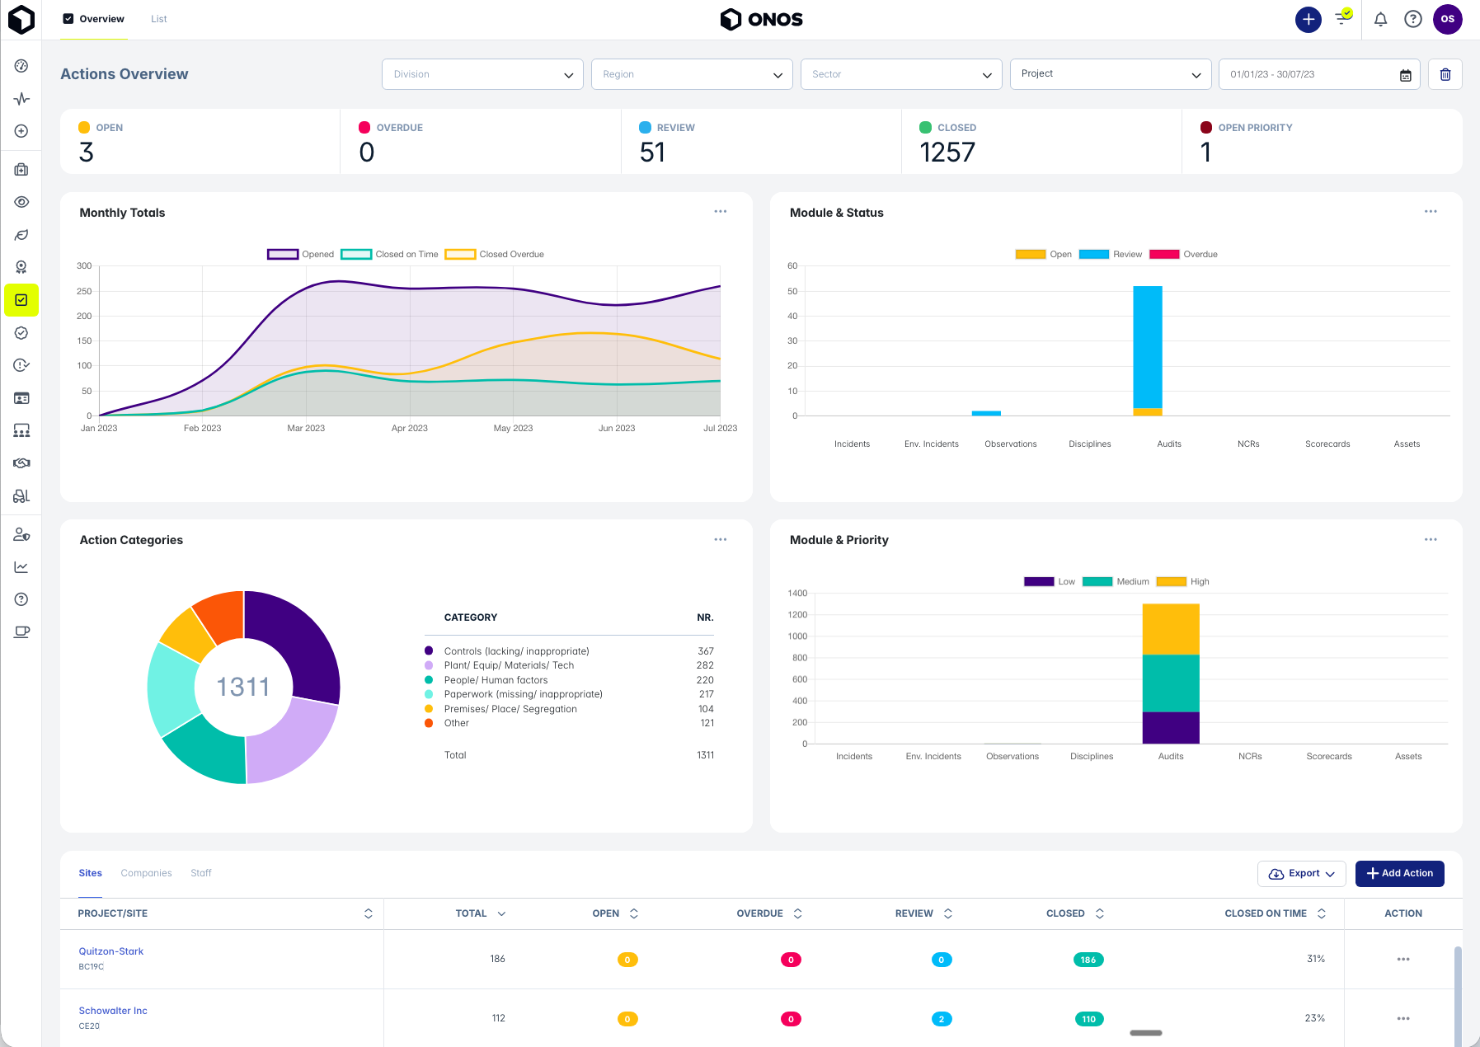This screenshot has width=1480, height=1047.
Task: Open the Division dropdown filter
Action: [x=482, y=74]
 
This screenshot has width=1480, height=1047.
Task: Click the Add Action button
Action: [x=1399, y=873]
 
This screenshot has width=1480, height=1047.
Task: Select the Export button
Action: [x=1301, y=873]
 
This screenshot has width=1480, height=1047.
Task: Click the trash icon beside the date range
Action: [x=1445, y=74]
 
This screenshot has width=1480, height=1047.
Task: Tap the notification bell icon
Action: [x=1380, y=19]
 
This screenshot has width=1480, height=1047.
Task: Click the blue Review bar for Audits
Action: [x=1147, y=346]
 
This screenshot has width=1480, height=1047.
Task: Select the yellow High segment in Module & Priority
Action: [x=1170, y=628]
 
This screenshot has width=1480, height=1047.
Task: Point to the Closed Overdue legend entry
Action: [x=495, y=254]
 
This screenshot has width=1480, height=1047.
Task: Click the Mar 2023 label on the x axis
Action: [x=306, y=428]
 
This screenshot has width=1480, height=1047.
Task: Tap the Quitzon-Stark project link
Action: [x=111, y=951]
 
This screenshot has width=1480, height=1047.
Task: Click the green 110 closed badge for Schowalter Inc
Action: [x=1088, y=1019]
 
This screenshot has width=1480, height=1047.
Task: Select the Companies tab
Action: [x=146, y=873]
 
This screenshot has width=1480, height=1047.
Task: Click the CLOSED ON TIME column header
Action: [x=1266, y=913]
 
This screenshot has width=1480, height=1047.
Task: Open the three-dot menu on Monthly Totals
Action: [x=720, y=212]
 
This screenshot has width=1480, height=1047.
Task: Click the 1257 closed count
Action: [x=947, y=153]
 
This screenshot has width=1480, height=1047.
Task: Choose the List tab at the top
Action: [x=158, y=19]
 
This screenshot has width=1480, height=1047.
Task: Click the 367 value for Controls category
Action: [x=705, y=651]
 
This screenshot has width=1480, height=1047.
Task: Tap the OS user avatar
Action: [x=1447, y=19]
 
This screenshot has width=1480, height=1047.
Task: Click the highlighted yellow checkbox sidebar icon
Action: [x=21, y=300]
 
